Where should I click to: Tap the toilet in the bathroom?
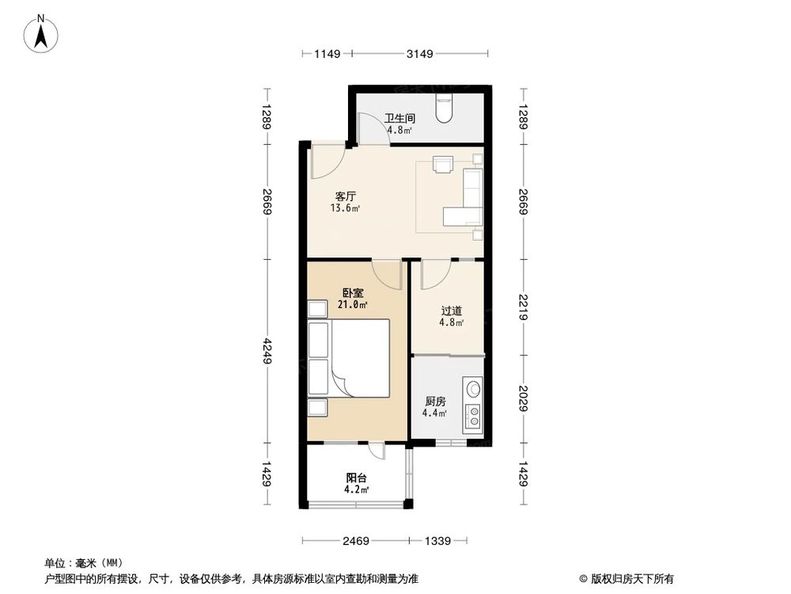pos(445,108)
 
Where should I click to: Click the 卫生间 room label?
pos(400,119)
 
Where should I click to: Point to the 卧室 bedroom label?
pos(350,293)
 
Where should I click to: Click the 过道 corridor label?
pos(451,310)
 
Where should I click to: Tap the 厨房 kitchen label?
pos(435,401)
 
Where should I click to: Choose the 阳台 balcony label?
pos(356,478)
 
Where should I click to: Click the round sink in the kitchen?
pos(474,389)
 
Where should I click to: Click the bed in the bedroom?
pos(360,358)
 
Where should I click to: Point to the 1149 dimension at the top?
pos(327,54)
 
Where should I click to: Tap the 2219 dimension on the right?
pos(524,307)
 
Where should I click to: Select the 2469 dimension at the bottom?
pos(356,541)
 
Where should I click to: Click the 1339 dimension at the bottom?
pos(437,541)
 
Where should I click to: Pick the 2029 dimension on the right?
pos(524,398)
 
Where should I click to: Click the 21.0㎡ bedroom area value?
pos(351,305)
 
